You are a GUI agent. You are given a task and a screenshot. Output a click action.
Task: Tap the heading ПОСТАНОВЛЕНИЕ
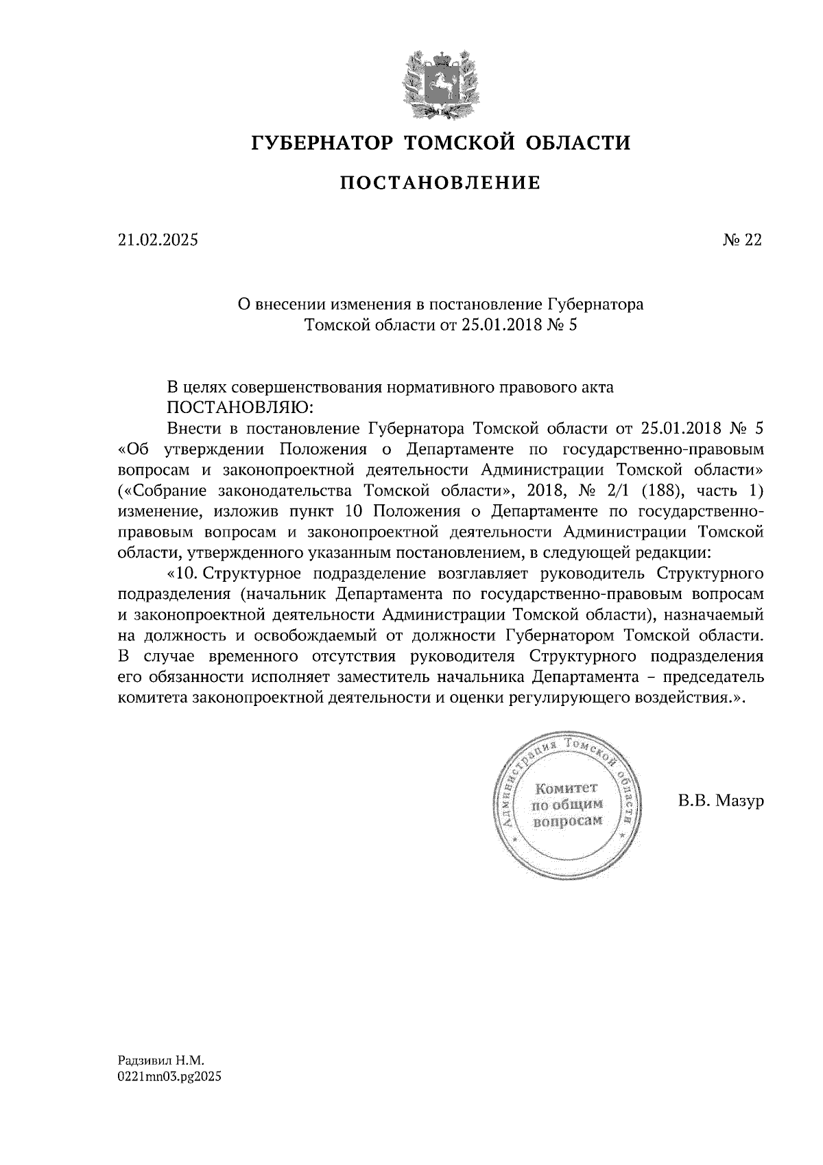tap(440, 183)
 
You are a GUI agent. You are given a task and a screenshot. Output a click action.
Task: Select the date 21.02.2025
tap(157, 240)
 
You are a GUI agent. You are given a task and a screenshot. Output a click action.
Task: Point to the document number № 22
tap(742, 240)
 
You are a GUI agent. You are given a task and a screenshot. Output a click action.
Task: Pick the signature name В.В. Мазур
tap(720, 801)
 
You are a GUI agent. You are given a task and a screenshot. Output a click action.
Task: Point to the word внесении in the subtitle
tap(291, 303)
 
